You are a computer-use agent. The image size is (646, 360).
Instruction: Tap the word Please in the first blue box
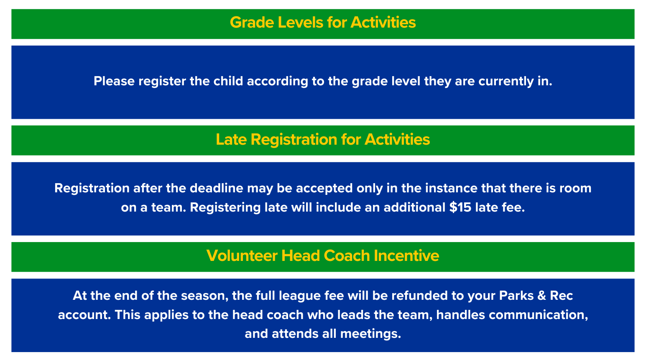[x=114, y=81]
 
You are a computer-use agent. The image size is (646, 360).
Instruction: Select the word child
[x=228, y=81]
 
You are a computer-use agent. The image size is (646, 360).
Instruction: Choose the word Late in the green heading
[x=231, y=140]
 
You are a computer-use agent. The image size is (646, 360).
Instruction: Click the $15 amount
[x=460, y=207]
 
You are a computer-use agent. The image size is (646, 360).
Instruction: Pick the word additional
[x=414, y=207]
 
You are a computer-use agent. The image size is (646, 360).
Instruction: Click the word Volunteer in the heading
[x=242, y=256]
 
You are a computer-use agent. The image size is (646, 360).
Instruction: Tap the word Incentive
[x=406, y=256]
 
